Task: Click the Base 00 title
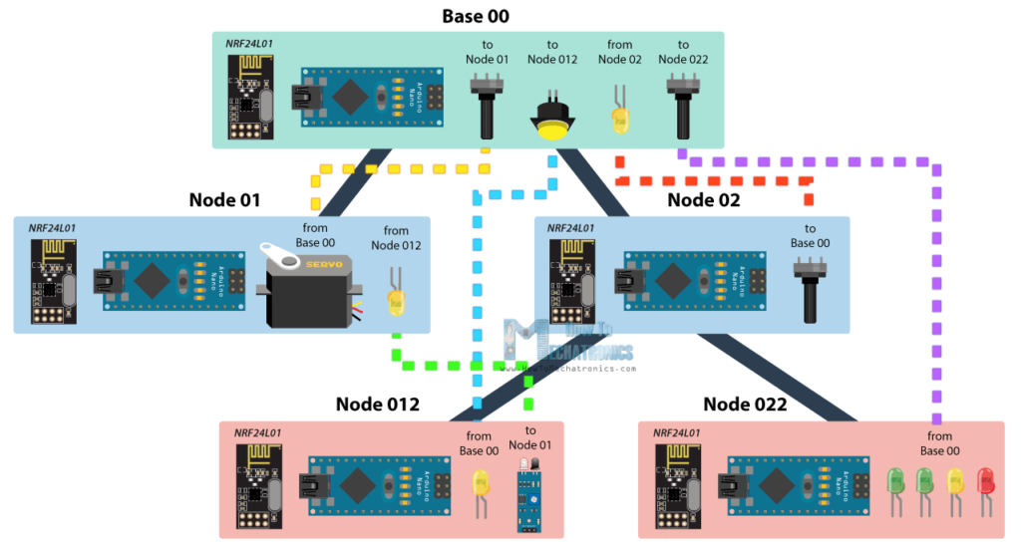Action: coord(476,16)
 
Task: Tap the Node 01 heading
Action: coord(224,200)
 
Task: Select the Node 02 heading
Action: coord(703,200)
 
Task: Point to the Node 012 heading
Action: coord(377,405)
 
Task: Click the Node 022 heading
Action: coord(745,405)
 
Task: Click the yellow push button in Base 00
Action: coord(550,120)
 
